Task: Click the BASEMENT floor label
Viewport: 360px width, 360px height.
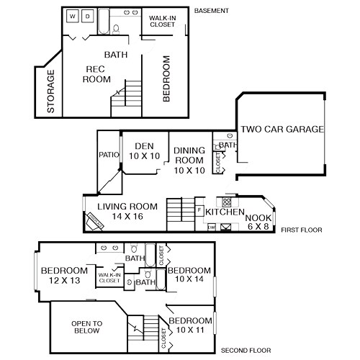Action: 212,11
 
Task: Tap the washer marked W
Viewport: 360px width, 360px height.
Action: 73,16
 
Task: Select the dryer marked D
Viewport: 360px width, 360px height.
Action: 87,16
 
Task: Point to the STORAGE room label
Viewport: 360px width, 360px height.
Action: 51,92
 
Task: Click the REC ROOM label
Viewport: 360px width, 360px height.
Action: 96,74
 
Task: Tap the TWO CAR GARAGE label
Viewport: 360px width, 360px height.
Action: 282,130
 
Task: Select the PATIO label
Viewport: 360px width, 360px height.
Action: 108,154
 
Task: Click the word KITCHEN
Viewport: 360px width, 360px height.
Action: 225,212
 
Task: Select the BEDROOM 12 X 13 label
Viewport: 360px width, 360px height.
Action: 63,275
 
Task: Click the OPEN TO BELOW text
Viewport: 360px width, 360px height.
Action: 87,327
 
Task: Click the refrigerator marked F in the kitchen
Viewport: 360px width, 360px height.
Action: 199,210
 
